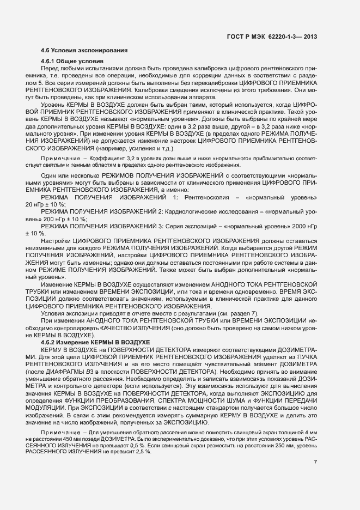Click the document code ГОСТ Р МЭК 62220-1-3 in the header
[x=265, y=37]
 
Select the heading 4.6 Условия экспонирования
[x=84, y=51]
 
